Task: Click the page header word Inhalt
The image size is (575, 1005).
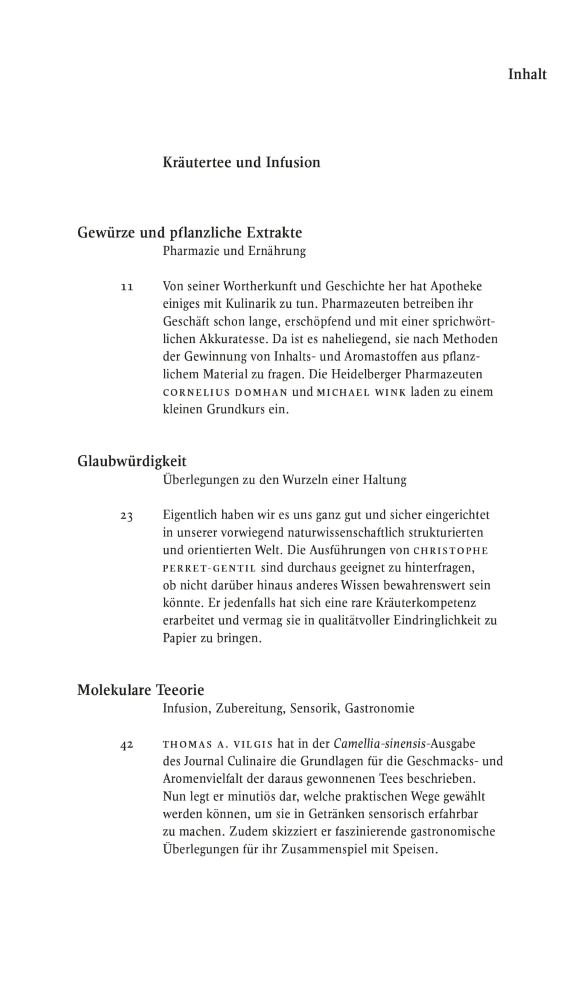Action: (x=527, y=74)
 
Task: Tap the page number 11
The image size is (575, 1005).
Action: (x=127, y=287)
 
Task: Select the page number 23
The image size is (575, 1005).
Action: (x=127, y=516)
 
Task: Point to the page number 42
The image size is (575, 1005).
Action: (x=127, y=745)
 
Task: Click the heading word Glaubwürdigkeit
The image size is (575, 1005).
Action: (x=132, y=461)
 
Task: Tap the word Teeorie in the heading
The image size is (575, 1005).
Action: (x=180, y=690)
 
